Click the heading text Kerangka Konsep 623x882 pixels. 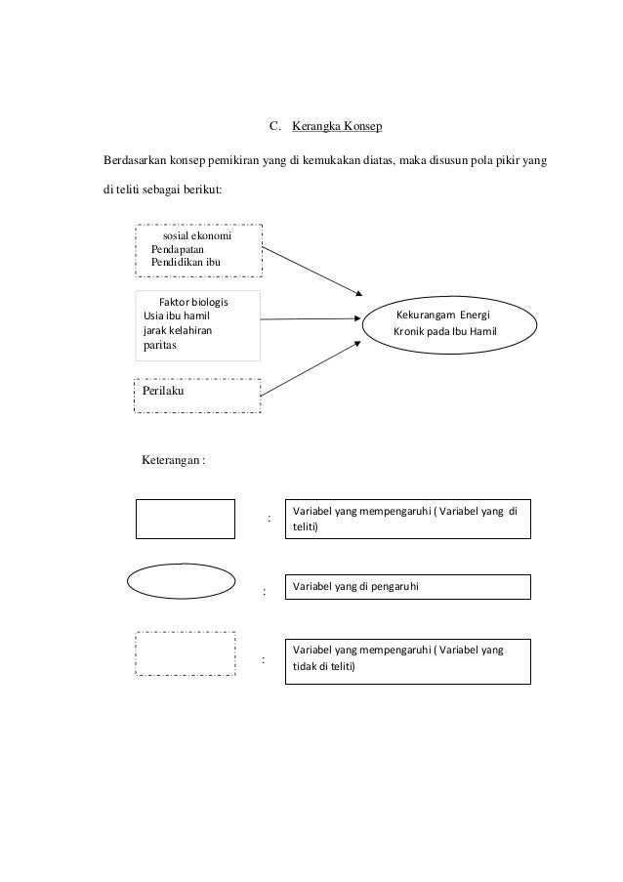pyautogui.click(x=338, y=127)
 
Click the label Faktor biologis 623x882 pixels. pyautogui.click(x=199, y=301)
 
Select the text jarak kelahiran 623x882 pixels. pyautogui.click(x=177, y=331)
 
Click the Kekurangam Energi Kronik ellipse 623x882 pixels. pyautogui.click(x=450, y=325)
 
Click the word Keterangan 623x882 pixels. pyautogui.click(x=171, y=458)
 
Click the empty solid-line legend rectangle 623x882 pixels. pyautogui.click(x=185, y=519)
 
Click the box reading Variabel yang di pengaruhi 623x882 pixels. pyautogui.click(x=407, y=586)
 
